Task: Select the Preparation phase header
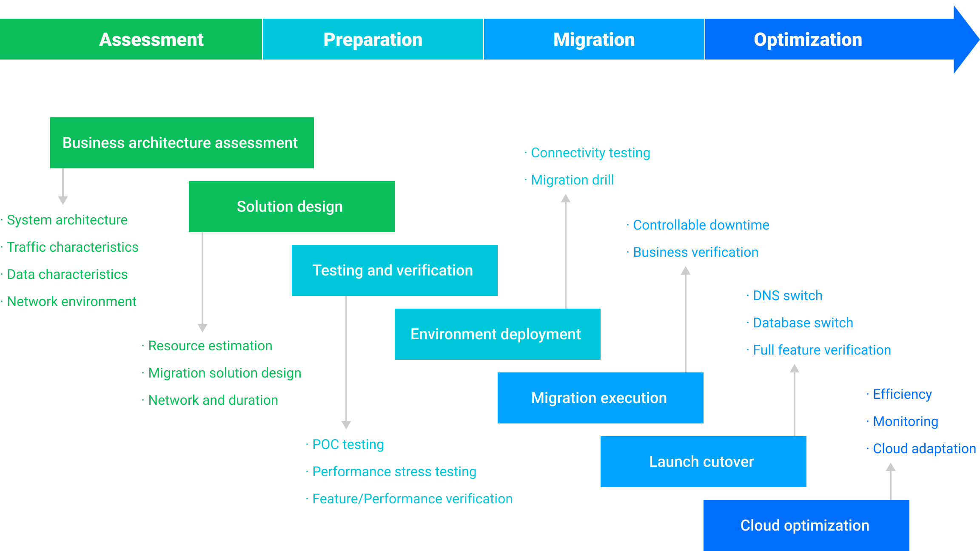pyautogui.click(x=373, y=39)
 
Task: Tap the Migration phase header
pyautogui.click(x=594, y=39)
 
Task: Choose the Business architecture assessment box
pyautogui.click(x=182, y=143)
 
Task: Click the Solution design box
pyautogui.click(x=291, y=207)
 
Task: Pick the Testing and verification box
pyautogui.click(x=394, y=270)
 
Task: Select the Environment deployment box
pyautogui.click(x=497, y=334)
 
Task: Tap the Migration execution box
pyautogui.click(x=600, y=398)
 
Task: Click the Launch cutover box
pyautogui.click(x=703, y=462)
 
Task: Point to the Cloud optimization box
pyautogui.click(x=806, y=525)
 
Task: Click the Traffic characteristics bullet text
pyautogui.click(x=72, y=247)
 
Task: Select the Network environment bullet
pyautogui.click(x=71, y=301)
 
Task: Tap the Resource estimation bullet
pyautogui.click(x=210, y=346)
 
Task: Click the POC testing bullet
pyautogui.click(x=348, y=444)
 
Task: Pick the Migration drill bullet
pyautogui.click(x=572, y=180)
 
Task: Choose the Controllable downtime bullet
pyautogui.click(x=701, y=225)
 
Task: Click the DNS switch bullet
pyautogui.click(x=787, y=295)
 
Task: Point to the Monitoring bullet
pyautogui.click(x=905, y=421)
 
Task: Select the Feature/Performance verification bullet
pyautogui.click(x=412, y=499)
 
